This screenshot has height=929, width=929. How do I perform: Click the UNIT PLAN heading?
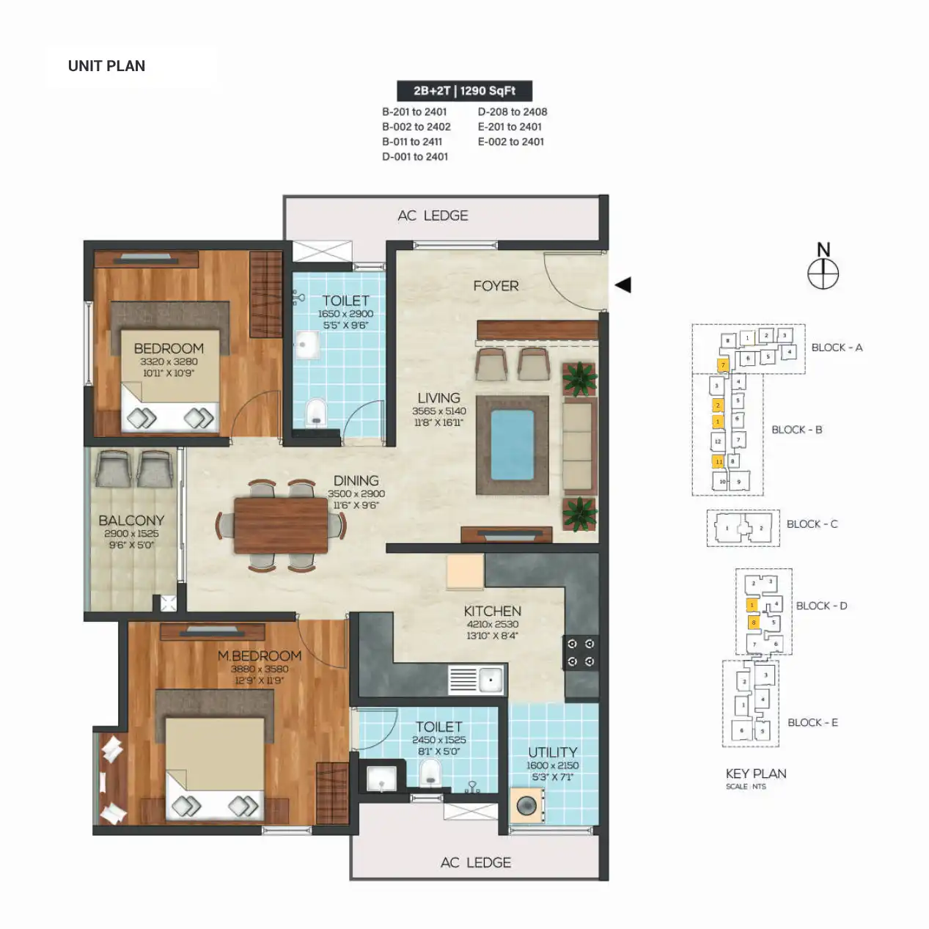[106, 66]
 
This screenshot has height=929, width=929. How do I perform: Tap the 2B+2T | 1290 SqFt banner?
[464, 91]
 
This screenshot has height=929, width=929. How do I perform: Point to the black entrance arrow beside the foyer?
[623, 285]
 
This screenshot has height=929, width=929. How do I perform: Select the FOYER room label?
[496, 286]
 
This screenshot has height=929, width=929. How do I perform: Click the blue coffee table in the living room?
[512, 445]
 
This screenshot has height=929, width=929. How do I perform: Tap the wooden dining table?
[281, 525]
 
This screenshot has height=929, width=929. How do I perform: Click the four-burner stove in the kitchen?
[581, 653]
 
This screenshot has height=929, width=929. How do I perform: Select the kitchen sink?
[490, 680]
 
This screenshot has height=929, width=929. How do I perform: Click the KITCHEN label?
[492, 611]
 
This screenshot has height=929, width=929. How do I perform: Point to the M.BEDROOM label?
[260, 656]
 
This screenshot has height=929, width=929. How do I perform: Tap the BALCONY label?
[131, 520]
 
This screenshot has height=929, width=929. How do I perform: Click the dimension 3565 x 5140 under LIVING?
[438, 411]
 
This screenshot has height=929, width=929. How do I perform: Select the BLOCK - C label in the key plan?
[812, 524]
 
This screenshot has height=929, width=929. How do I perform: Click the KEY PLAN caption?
[755, 774]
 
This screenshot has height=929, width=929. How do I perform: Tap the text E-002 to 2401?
[511, 142]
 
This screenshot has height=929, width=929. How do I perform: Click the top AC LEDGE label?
[433, 216]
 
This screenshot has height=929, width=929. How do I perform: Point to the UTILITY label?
[552, 752]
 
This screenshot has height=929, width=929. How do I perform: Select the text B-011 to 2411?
[412, 142]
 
